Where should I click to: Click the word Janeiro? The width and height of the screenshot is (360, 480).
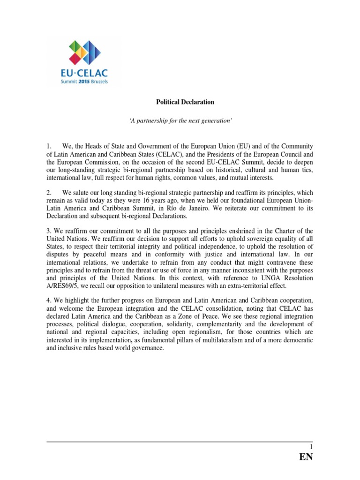click(x=185, y=209)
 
